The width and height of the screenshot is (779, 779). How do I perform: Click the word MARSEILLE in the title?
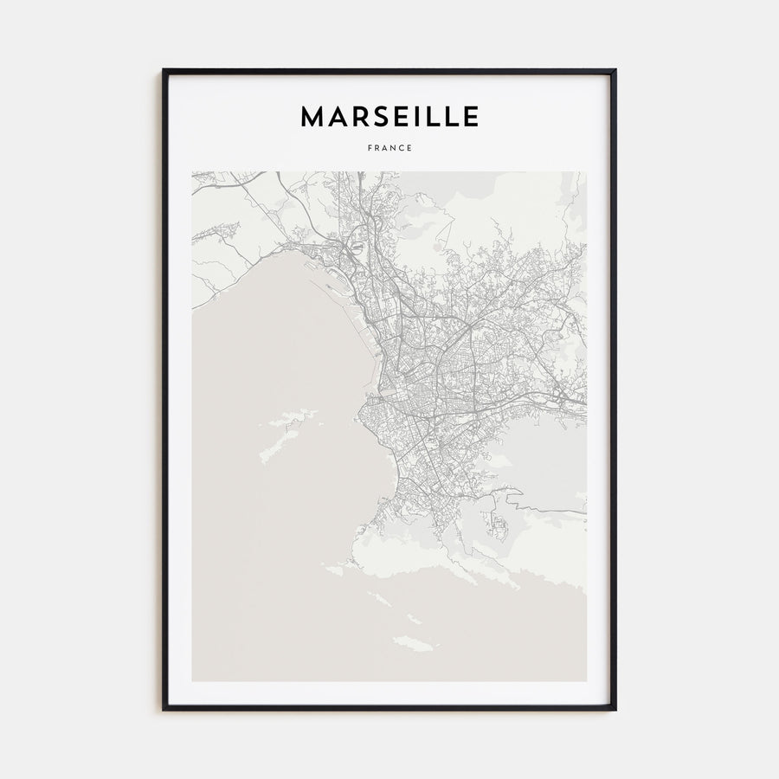(389, 117)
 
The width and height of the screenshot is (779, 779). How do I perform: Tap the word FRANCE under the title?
(389, 148)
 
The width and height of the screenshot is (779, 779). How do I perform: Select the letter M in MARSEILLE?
(312, 117)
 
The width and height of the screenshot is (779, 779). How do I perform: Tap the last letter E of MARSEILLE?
(469, 117)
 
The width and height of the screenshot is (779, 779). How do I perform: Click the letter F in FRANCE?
(370, 148)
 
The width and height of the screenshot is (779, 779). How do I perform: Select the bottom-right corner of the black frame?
(615, 709)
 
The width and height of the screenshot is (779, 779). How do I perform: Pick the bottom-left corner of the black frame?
(164, 709)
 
